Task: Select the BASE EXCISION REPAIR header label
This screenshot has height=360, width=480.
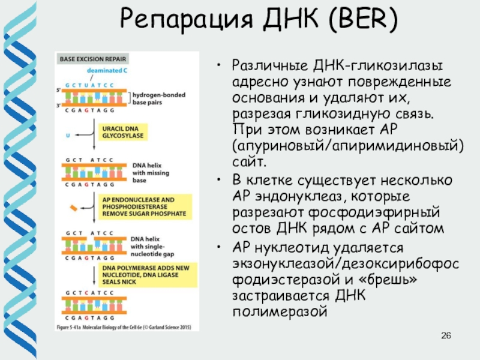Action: point(87,59)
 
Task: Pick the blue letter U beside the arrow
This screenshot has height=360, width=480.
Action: point(67,136)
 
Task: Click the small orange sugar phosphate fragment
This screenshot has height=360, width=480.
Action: point(74,208)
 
